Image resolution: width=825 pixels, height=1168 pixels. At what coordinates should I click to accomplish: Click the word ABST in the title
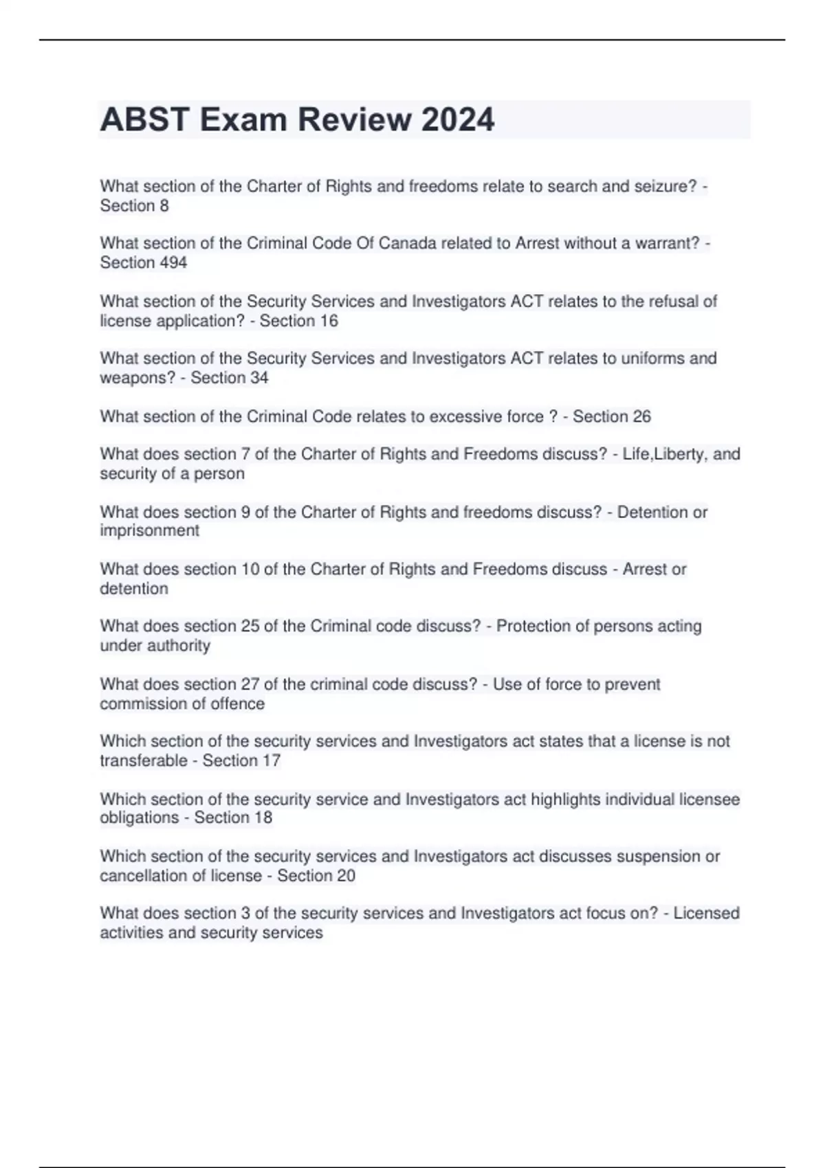(145, 120)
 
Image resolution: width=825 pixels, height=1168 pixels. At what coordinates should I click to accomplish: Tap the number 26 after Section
(640, 416)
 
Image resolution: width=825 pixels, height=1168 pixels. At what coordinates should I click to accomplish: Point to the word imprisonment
(149, 530)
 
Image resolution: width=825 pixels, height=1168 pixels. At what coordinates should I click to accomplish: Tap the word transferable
(144, 761)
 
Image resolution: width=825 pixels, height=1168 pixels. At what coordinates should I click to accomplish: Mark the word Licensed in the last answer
(706, 913)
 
